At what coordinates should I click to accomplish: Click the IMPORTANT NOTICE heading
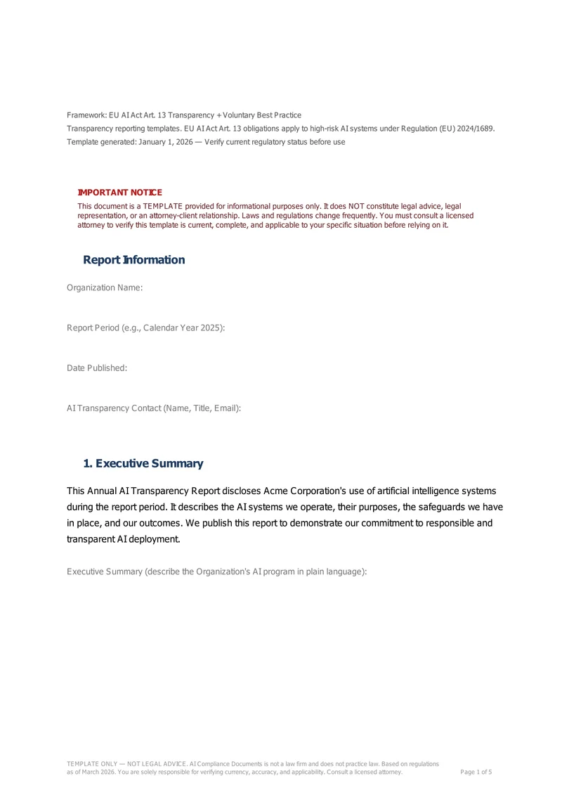coord(119,193)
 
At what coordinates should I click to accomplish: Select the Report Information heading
coord(134,260)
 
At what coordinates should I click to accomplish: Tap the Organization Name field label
coord(105,287)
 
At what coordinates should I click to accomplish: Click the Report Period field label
coord(145,328)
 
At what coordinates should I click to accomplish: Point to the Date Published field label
coord(97,368)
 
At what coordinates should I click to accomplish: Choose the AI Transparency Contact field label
coord(154,408)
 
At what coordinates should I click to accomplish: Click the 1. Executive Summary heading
coord(143,464)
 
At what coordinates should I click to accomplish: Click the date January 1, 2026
coord(161,142)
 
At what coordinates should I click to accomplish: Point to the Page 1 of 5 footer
coord(476,773)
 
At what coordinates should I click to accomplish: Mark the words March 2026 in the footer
coord(96,773)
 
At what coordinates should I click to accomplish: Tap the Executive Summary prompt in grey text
coord(217,571)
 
